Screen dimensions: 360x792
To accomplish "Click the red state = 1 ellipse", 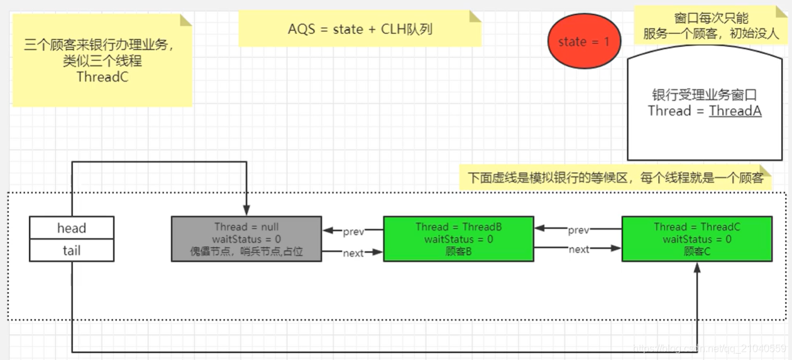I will click(584, 42).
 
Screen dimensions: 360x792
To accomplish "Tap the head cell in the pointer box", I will click(72, 227).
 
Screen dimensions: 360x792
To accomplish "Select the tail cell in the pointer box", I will click(72, 251).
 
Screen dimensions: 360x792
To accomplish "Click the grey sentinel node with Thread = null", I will click(246, 239).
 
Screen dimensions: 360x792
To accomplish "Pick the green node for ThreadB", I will click(458, 239).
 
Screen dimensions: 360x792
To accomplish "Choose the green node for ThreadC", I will click(696, 239).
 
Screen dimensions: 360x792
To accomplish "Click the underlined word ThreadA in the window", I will click(735, 111).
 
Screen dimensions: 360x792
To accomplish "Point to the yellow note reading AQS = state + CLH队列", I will click(360, 30).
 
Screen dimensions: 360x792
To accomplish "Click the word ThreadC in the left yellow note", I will click(102, 77).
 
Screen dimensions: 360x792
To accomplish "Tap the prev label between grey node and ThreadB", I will click(353, 232).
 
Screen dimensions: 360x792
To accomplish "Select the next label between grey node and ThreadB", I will click(353, 253).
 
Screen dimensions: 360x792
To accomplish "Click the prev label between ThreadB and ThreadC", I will click(578, 230).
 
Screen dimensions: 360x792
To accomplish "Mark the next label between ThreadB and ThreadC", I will click(578, 249).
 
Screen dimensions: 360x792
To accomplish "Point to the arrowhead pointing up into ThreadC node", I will click(696, 266).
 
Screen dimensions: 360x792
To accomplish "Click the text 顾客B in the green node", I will click(458, 251).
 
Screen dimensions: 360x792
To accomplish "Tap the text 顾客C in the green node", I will click(696, 251).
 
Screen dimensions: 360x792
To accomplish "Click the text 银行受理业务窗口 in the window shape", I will click(704, 95).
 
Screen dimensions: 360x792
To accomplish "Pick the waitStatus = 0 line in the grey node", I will click(246, 239).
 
